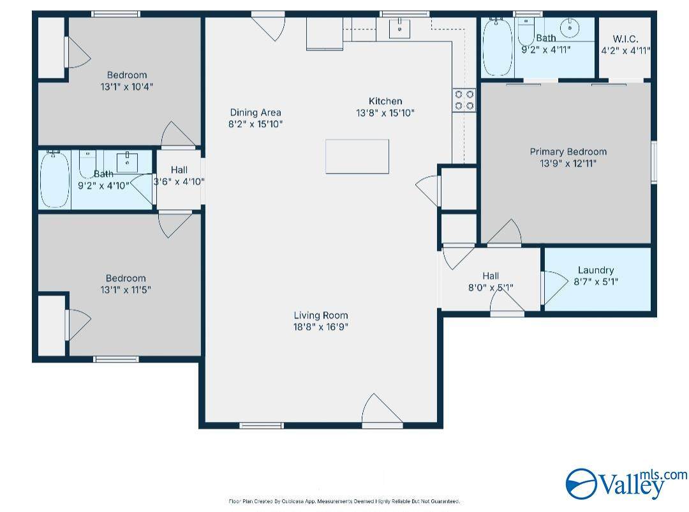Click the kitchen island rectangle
357,156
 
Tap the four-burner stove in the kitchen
464,100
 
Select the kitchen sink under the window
400,29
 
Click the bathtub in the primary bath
498,47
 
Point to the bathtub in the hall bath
54,179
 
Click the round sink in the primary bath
570,28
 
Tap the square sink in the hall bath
128,162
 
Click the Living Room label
321,315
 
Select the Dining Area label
255,112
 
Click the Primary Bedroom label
568,152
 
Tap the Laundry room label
596,270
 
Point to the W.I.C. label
625,39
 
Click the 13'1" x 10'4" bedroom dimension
126,87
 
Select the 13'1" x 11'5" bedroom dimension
126,290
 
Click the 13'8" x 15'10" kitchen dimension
385,113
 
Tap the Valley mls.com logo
626,484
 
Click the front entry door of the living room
382,410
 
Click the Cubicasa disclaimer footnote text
344,501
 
